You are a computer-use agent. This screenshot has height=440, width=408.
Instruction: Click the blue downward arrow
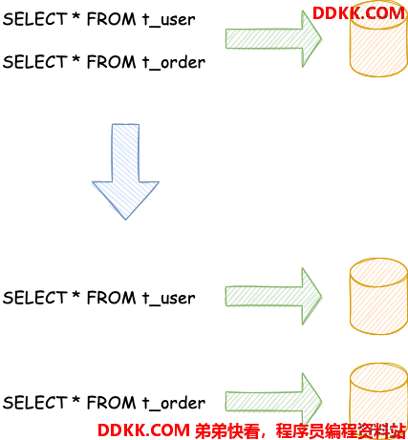tap(125, 172)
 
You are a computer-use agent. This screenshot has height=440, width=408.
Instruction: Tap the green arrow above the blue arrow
tap(274, 39)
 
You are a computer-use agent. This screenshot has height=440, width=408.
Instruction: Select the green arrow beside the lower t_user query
tap(274, 297)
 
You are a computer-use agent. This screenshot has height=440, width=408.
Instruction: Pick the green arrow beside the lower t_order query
tap(274, 402)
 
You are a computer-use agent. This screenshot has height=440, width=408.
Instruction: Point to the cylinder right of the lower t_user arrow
tap(378, 296)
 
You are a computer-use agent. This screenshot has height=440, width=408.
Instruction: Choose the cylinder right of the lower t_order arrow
tap(378, 399)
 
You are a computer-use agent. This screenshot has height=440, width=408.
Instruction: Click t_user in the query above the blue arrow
tap(168, 20)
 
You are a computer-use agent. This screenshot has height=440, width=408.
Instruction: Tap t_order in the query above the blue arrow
tap(174, 62)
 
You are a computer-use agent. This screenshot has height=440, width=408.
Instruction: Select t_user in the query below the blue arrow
tap(168, 299)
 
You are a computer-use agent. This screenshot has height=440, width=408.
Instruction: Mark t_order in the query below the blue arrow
tap(174, 403)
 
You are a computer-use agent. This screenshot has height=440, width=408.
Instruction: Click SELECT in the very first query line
tap(34, 19)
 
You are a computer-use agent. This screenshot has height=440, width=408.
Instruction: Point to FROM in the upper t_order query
tap(111, 62)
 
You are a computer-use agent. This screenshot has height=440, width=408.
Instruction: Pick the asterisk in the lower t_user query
tap(75, 294)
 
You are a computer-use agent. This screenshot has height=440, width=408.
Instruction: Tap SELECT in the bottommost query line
tap(34, 403)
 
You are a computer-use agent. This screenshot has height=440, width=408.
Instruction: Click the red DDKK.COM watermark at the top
tap(358, 13)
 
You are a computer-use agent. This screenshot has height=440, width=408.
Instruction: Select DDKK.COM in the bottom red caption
tap(143, 430)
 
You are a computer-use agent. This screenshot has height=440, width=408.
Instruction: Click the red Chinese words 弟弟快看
tap(226, 430)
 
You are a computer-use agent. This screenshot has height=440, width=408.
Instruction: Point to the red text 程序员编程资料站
tap(340, 430)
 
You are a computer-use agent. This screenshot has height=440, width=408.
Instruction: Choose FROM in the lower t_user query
tap(111, 298)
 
